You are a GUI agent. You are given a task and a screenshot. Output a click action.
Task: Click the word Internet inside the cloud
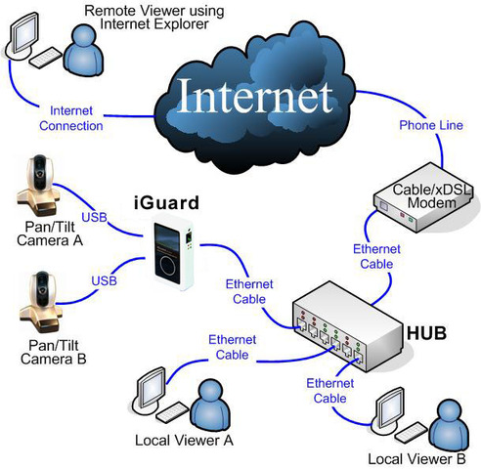tap(249, 97)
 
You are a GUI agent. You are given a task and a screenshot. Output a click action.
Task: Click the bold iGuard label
tap(166, 203)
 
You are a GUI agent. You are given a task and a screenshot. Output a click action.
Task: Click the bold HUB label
tap(428, 333)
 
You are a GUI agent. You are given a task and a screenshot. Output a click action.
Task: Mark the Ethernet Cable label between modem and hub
tap(373, 256)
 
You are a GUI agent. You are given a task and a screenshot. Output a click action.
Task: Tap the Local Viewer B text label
tap(411, 457)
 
